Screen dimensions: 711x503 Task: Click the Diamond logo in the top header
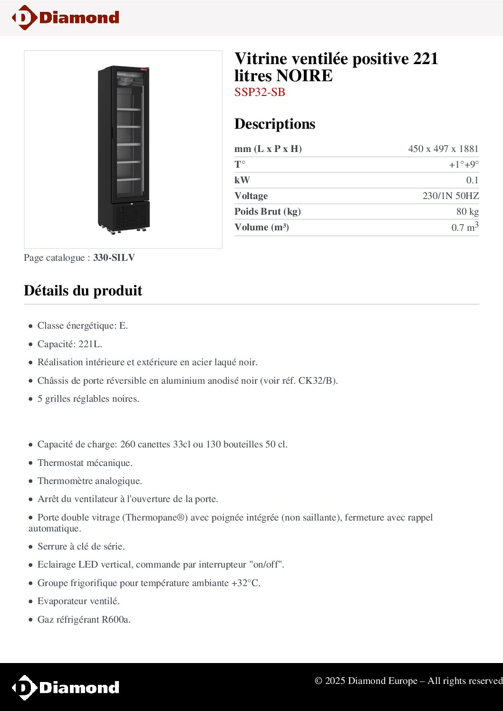66,18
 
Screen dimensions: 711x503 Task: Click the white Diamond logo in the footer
66,687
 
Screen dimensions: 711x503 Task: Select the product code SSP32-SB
260,92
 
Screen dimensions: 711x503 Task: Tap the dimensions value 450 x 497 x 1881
443,149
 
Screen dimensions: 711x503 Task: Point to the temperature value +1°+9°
464,165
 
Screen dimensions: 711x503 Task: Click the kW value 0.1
472,180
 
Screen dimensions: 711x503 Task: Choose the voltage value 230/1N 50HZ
450,196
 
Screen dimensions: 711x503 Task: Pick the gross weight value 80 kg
467,212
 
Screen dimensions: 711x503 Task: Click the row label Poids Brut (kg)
267,212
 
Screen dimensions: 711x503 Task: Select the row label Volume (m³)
261,228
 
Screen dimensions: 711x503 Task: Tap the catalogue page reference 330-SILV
114,258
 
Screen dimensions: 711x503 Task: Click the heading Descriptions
275,124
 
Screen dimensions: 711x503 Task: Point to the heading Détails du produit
83,291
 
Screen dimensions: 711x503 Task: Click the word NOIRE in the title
304,76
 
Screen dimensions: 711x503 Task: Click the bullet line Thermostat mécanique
85,463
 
